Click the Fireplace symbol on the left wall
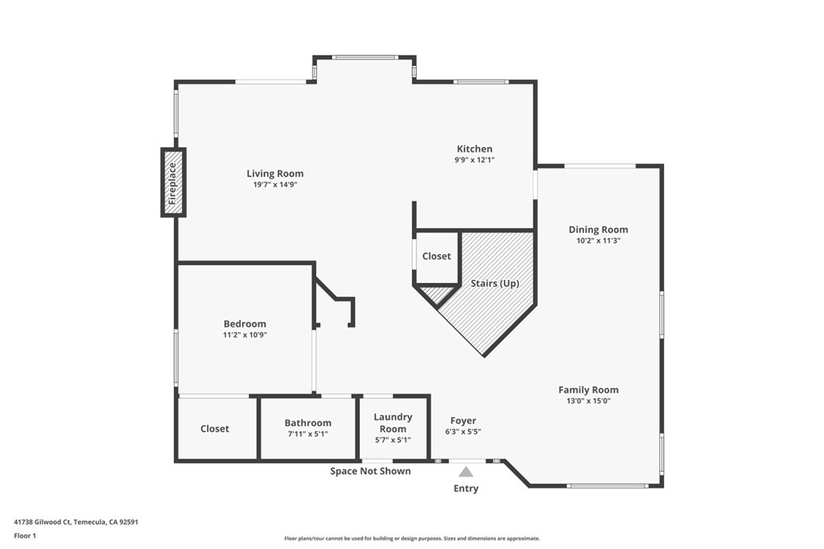point(172,182)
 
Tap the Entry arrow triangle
point(466,473)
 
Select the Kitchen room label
point(475,149)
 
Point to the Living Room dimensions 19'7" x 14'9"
point(275,185)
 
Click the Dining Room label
point(598,229)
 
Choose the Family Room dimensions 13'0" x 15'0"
point(588,401)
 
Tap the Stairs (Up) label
point(495,283)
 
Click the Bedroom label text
point(245,324)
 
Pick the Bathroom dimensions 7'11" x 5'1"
point(307,434)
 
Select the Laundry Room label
point(393,423)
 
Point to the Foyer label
point(463,420)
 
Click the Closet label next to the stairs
point(436,256)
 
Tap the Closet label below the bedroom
point(215,428)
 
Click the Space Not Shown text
point(370,471)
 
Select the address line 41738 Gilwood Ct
point(76,522)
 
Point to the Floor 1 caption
point(25,535)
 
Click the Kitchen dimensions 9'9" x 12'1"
point(475,160)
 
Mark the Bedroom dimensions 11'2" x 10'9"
point(245,334)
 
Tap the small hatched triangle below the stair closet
point(435,294)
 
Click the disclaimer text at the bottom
point(411,539)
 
